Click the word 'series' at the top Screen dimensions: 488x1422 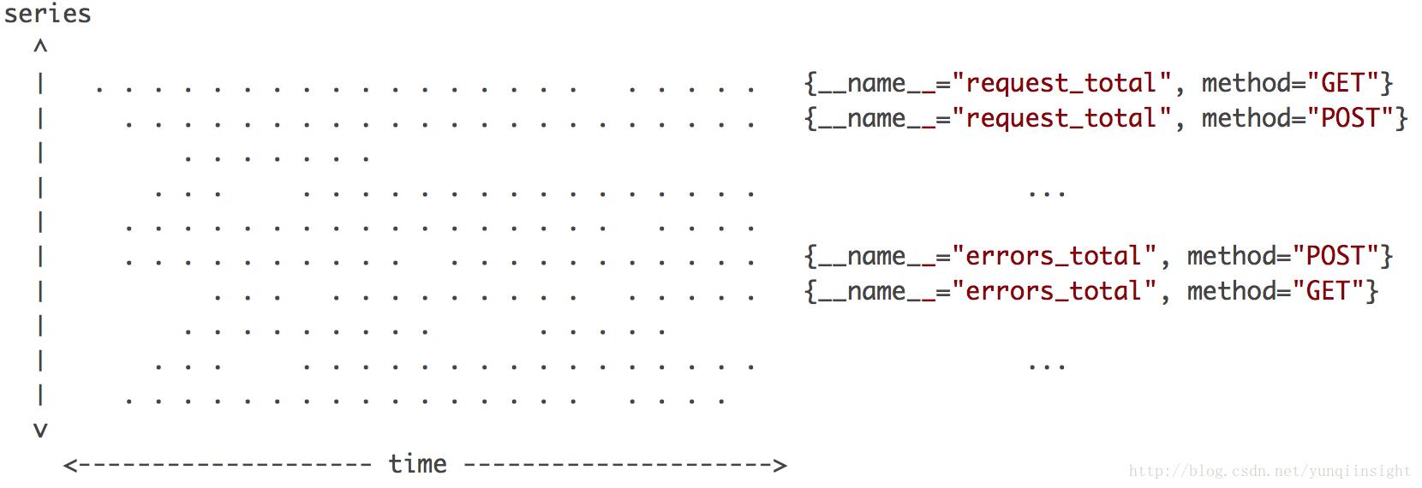(x=47, y=15)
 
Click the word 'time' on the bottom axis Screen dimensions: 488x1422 (x=417, y=464)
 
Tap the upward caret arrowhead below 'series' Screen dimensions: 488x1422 (x=40, y=47)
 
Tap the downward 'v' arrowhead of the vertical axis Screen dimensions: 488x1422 (x=40, y=430)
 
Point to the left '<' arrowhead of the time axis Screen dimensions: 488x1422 (x=70, y=466)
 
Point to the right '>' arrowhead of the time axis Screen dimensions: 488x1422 (x=780, y=466)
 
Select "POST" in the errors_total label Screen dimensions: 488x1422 (x=1335, y=256)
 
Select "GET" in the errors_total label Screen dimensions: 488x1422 (x=1328, y=291)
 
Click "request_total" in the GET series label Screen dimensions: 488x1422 (x=1067, y=84)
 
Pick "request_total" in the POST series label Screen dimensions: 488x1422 (x=1067, y=119)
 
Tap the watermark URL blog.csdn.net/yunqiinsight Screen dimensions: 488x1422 (x=1270, y=471)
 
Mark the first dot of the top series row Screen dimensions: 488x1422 (x=99, y=89)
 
